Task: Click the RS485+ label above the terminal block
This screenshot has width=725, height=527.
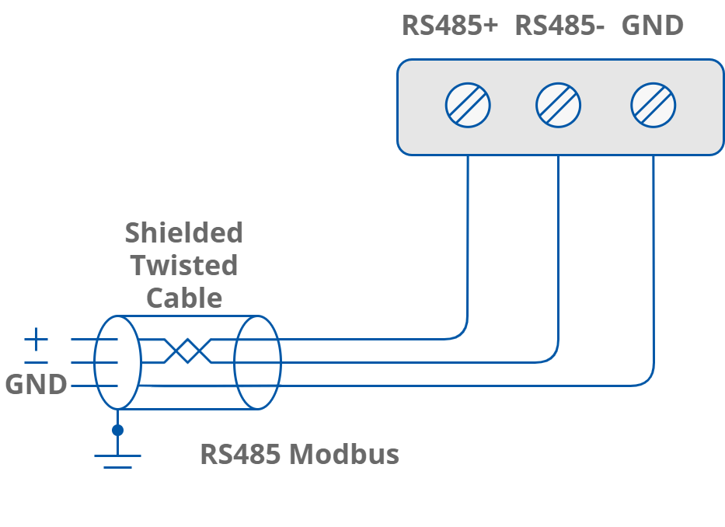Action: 449,25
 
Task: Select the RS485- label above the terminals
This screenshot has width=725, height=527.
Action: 559,25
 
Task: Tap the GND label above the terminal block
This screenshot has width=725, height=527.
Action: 652,25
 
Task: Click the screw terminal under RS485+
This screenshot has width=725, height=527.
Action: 468,106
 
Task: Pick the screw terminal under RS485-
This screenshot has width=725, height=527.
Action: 559,106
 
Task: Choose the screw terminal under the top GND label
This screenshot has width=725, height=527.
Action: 653,106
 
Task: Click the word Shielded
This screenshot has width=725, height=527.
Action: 184,232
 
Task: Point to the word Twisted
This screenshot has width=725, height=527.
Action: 184,265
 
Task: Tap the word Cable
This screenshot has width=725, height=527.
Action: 184,298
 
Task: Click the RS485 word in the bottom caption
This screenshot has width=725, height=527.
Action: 240,454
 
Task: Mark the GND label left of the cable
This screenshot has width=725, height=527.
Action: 36,385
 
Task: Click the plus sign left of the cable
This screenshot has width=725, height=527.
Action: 36,339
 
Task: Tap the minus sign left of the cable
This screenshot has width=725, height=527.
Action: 36,362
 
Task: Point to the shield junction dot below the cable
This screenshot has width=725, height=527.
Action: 117,430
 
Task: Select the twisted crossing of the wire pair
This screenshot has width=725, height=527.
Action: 187,351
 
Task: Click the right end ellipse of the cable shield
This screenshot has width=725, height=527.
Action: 258,362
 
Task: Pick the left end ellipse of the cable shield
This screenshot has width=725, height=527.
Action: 117,362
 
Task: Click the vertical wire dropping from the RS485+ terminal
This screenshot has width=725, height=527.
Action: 468,233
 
